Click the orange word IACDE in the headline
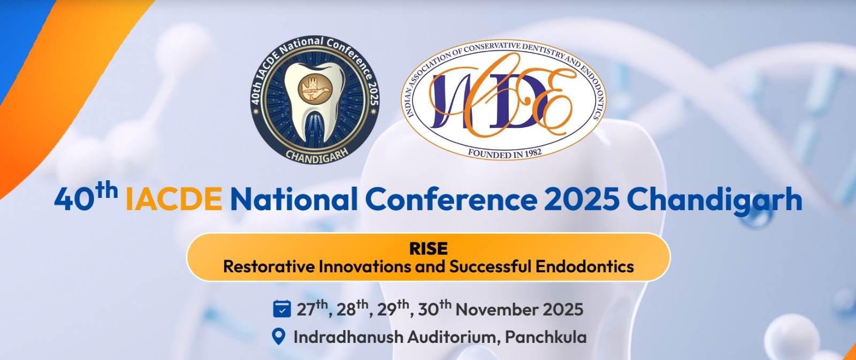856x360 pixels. tap(174, 199)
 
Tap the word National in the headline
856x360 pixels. tap(294, 198)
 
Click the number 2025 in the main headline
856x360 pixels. tap(582, 199)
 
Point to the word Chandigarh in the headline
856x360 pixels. tap(714, 200)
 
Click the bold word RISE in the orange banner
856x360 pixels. tap(428, 249)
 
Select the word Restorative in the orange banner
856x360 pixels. tap(270, 266)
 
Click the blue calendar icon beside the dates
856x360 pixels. tap(282, 309)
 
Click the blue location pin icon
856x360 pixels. tap(279, 336)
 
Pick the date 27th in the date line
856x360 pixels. tap(312, 309)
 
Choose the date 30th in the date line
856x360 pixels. tap(434, 309)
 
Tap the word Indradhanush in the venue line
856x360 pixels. tap(348, 337)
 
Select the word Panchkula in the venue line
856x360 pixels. tap(546, 337)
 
